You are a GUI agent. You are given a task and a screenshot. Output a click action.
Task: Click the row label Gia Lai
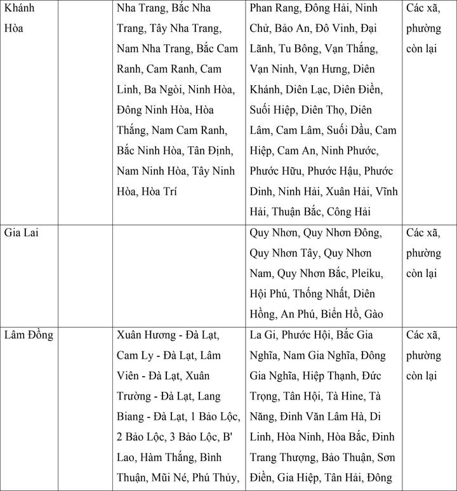tap(21, 233)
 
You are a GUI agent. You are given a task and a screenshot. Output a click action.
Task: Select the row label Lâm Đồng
tap(29, 335)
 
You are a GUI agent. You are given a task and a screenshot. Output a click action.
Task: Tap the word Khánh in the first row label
tap(20, 9)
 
